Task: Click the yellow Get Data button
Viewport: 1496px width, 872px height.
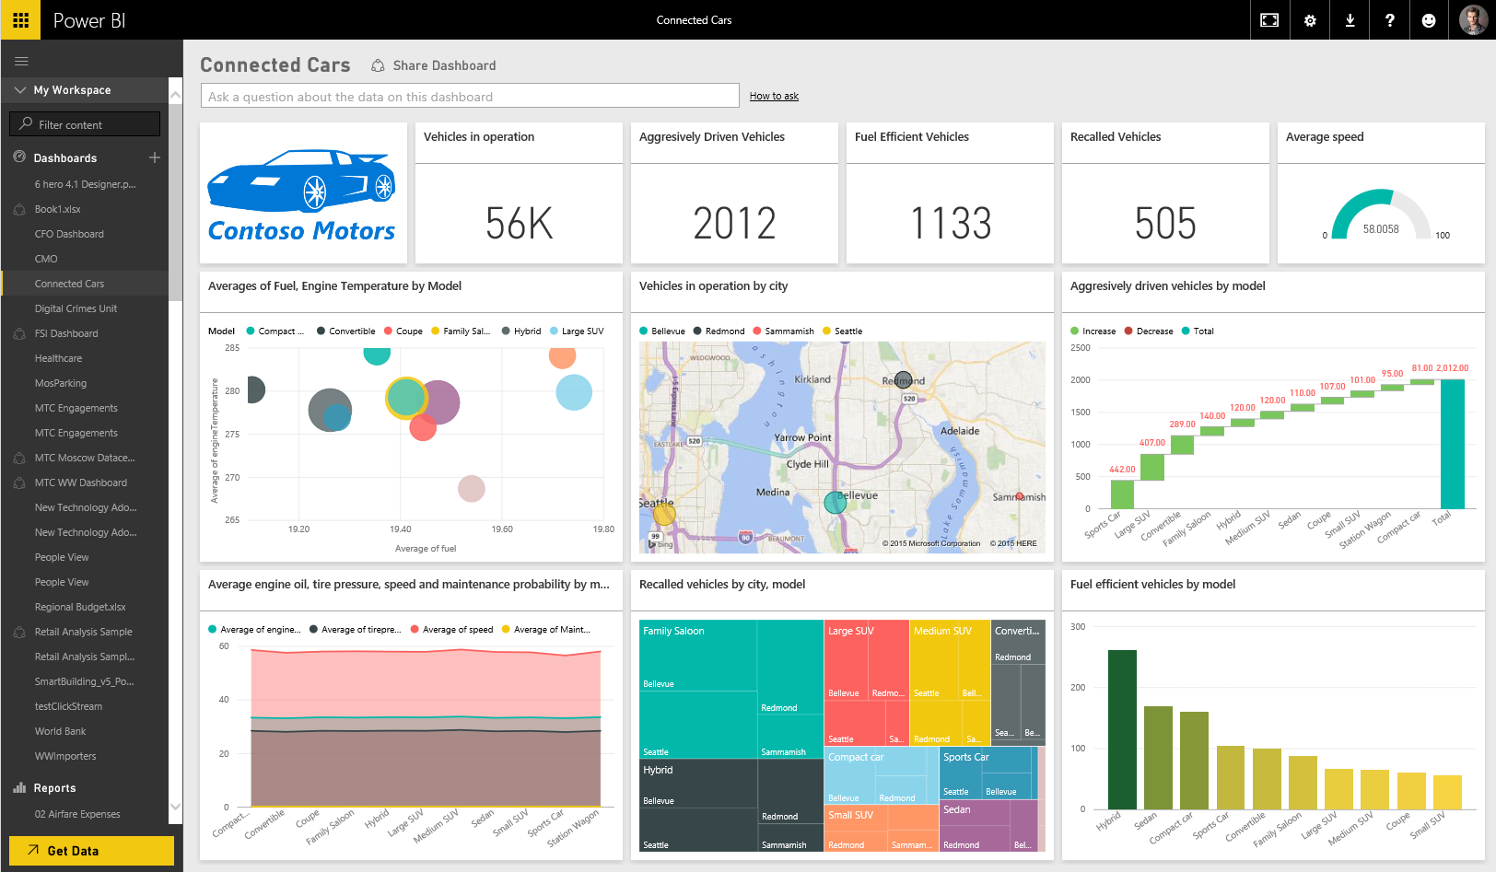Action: pyautogui.click(x=91, y=850)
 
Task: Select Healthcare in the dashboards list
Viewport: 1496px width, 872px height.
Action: pyautogui.click(x=58, y=358)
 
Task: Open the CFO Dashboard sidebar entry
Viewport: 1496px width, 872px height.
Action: pyautogui.click(x=69, y=234)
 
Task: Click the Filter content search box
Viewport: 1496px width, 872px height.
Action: pyautogui.click(x=85, y=124)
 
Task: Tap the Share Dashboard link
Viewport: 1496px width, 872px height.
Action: pyautogui.click(x=443, y=65)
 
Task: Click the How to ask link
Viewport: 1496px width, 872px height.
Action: pyautogui.click(x=774, y=96)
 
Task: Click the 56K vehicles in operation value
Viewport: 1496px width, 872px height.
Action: pyautogui.click(x=519, y=224)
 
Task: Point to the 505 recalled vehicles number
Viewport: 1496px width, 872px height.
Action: pyautogui.click(x=1165, y=224)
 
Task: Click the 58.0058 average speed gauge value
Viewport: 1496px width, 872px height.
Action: pyautogui.click(x=1380, y=229)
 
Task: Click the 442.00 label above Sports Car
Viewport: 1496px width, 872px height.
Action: pyautogui.click(x=1122, y=470)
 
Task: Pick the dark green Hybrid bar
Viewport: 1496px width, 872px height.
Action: pyautogui.click(x=1121, y=729)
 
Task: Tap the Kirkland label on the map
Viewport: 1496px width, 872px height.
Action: pyautogui.click(x=812, y=379)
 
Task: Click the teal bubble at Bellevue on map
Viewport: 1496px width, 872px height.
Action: pyautogui.click(x=836, y=502)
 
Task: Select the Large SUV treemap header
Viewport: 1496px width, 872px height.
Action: pyautogui.click(x=850, y=631)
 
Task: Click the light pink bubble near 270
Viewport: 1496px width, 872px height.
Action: pyautogui.click(x=472, y=488)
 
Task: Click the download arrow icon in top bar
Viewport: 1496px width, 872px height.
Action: pyautogui.click(x=1350, y=20)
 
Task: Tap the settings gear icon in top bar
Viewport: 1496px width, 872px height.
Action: pyautogui.click(x=1310, y=20)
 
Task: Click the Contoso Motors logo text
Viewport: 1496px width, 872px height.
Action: pyautogui.click(x=301, y=231)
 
